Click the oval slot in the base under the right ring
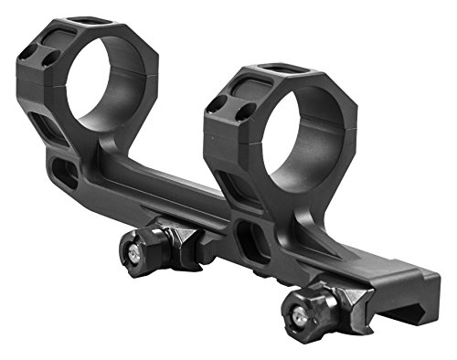pyautogui.click(x=250, y=241)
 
